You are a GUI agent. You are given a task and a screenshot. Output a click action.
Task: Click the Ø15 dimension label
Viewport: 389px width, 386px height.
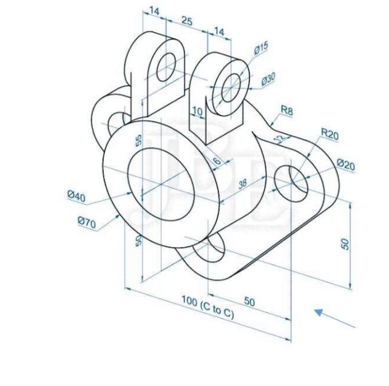[x=261, y=48]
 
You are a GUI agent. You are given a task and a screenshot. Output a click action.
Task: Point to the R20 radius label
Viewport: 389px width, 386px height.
[x=330, y=134]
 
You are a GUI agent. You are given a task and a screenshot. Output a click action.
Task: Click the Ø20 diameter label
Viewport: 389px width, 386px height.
[x=345, y=164]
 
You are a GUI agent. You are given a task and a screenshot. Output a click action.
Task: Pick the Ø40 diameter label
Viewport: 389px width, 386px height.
[x=76, y=195]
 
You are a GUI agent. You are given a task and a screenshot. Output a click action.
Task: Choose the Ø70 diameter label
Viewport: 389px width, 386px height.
[x=87, y=223]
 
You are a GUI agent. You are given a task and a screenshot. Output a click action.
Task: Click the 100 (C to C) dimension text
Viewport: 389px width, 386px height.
[x=208, y=306]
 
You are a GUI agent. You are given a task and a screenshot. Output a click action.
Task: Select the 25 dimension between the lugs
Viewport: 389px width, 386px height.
[x=187, y=21]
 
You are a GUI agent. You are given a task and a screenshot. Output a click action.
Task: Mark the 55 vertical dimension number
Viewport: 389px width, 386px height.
[x=138, y=140]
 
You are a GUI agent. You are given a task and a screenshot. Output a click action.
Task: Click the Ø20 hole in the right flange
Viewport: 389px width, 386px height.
[x=292, y=181]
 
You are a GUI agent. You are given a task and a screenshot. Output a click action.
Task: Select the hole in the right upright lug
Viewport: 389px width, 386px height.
[x=231, y=88]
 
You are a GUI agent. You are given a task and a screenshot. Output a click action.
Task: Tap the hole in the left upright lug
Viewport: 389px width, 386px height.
[x=167, y=67]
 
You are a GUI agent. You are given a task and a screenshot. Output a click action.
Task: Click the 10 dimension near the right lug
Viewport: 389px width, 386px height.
[x=197, y=111]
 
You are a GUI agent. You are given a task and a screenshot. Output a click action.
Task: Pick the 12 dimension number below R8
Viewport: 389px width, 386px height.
[x=279, y=138]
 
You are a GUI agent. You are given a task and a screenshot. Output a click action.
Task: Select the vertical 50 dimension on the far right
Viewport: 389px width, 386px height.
[x=345, y=243]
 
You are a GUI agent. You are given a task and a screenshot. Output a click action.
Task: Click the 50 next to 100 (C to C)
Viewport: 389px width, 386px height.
[x=249, y=301]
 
